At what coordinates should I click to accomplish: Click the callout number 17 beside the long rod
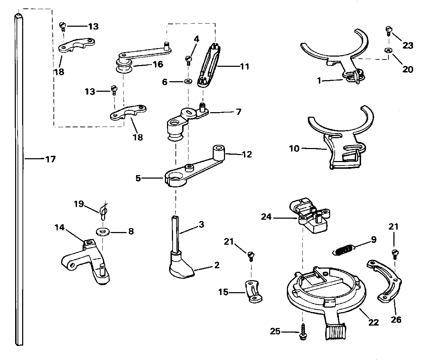pos(51,159)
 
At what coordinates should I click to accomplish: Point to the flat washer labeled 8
pos(103,232)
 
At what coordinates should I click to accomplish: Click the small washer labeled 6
pos(188,82)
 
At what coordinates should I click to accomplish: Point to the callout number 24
pos(266,217)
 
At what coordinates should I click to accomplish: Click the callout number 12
pos(247,154)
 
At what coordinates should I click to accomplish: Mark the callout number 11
pos(244,66)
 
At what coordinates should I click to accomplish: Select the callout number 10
pos(294,148)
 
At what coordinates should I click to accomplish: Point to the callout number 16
pos(158,64)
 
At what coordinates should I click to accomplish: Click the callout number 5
pos(138,178)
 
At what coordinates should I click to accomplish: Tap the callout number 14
pos(59,227)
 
